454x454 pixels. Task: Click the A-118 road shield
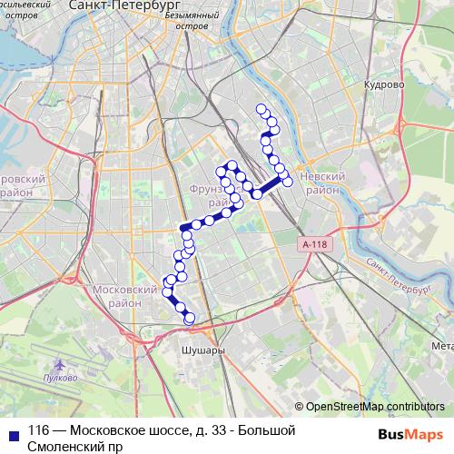pos(314,244)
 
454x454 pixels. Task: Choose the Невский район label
pos(324,184)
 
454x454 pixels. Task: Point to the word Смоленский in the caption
pos(65,446)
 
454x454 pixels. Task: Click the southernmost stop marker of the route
pos(190,319)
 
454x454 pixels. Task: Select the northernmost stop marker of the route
pos(262,110)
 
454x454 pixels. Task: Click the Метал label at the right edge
pos(441,346)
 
